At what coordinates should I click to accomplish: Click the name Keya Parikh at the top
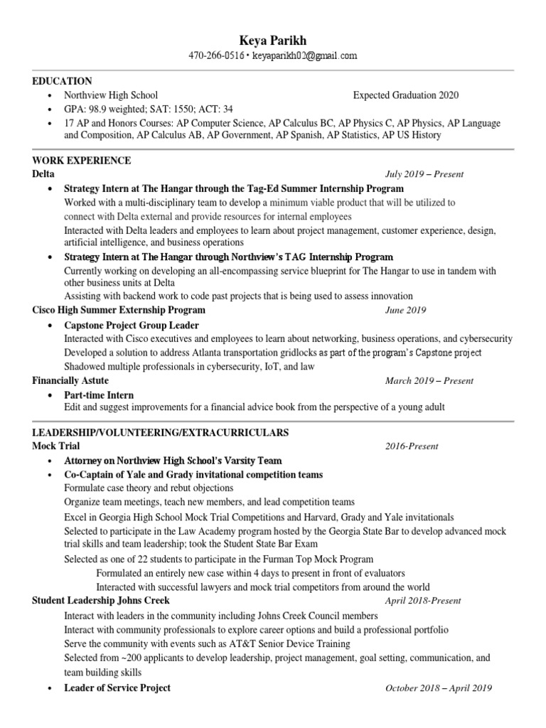272,40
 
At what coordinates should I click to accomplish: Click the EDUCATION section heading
62,81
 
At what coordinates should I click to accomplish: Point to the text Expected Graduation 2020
405,95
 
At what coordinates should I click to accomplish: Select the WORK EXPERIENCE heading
82,161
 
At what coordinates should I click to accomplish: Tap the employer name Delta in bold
43,173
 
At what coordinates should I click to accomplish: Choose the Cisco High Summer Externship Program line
119,310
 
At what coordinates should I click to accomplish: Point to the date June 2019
405,311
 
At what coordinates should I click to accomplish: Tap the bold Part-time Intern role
99,395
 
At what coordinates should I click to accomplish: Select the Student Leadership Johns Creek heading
102,600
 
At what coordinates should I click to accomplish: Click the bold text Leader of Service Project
117,688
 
